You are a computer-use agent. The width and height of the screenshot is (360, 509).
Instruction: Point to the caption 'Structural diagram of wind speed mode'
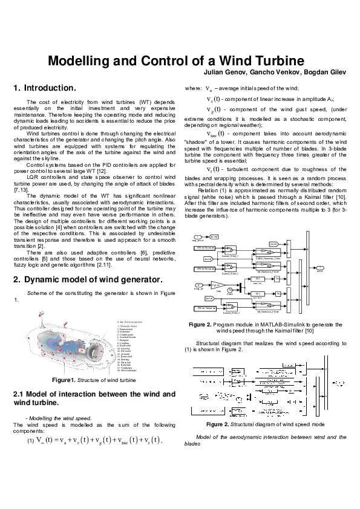277,424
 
